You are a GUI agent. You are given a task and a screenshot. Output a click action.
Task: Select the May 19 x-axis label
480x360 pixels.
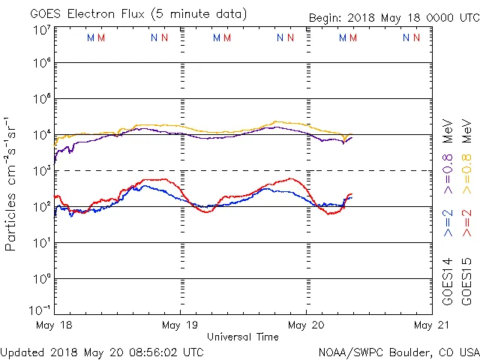(180, 325)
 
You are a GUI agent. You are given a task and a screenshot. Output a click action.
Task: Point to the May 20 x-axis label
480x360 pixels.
(306, 325)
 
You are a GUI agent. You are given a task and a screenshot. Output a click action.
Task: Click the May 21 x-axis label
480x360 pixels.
(431, 325)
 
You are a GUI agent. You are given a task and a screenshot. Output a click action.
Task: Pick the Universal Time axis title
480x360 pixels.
(242, 337)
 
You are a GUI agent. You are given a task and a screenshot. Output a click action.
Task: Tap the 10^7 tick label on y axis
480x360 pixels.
(41, 30)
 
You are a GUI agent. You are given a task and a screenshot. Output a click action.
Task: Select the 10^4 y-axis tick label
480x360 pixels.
(41, 135)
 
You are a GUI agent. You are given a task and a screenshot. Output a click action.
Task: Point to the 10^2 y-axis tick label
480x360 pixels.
(41, 207)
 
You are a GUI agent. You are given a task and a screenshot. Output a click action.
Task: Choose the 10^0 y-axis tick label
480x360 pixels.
(41, 279)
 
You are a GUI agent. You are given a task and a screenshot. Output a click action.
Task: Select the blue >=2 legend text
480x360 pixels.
(448, 223)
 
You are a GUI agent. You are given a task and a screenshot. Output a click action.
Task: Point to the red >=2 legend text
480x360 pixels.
(465, 223)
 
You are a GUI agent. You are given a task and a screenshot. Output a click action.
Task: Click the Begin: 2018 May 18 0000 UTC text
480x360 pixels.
(393, 19)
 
